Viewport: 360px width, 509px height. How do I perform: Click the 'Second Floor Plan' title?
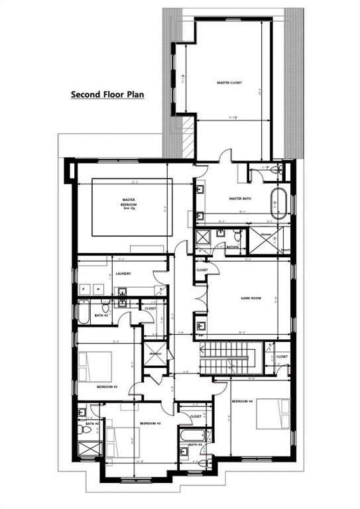(107, 95)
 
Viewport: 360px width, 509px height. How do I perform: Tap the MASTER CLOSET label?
(229, 83)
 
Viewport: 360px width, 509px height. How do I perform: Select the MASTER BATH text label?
(239, 198)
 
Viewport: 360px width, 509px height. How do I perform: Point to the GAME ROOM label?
(250, 298)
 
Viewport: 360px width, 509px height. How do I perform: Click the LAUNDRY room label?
(123, 273)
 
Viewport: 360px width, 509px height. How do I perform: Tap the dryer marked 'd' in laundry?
(84, 289)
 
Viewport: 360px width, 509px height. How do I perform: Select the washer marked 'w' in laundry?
(99, 289)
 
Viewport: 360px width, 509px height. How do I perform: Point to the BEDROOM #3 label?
(148, 422)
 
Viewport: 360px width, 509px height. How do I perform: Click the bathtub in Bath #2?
(84, 313)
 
